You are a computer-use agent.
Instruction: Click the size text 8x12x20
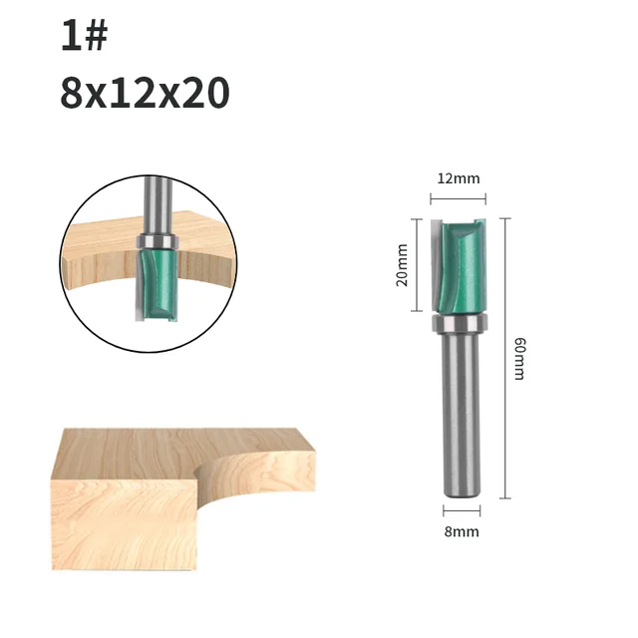pos(145,93)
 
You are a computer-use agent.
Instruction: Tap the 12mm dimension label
pos(459,178)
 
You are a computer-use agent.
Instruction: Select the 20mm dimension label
pos(403,265)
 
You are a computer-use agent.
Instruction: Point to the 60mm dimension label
pos(519,359)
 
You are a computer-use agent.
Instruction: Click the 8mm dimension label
pos(461,531)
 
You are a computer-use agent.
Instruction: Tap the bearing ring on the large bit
pos(460,323)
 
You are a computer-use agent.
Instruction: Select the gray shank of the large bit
pos(460,409)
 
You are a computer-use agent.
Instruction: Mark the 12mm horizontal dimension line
pos(459,198)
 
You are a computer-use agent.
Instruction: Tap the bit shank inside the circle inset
pos(155,204)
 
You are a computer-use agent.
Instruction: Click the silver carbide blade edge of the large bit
pos(436,261)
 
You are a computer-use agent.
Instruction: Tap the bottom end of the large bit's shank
pos(460,488)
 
